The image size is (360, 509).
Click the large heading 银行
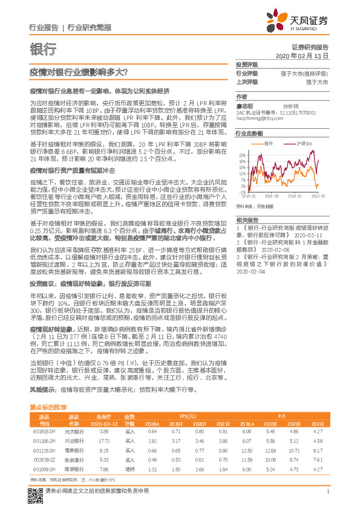[x=42, y=49]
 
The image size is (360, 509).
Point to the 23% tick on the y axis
[x=241, y=155]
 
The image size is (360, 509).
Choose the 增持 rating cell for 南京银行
[x=129, y=468]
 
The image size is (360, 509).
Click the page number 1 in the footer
[x=327, y=498]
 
